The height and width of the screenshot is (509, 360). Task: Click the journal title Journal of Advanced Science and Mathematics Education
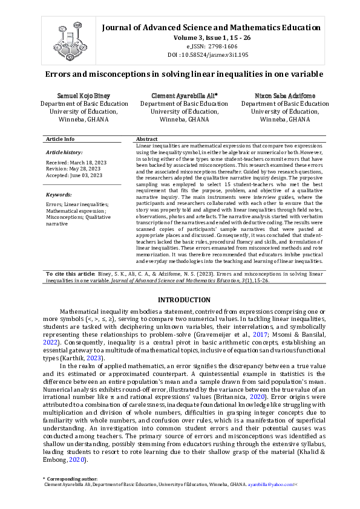[x=211, y=27]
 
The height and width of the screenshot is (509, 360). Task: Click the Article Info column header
[x=61, y=139]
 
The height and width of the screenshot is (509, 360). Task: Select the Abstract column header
[x=147, y=139]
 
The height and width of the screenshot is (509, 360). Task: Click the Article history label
[x=64, y=152]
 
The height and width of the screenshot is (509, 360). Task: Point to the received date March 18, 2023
[x=83, y=163]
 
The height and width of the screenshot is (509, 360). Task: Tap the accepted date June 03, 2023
[x=85, y=175]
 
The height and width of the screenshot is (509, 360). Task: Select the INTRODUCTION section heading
[x=184, y=300]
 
